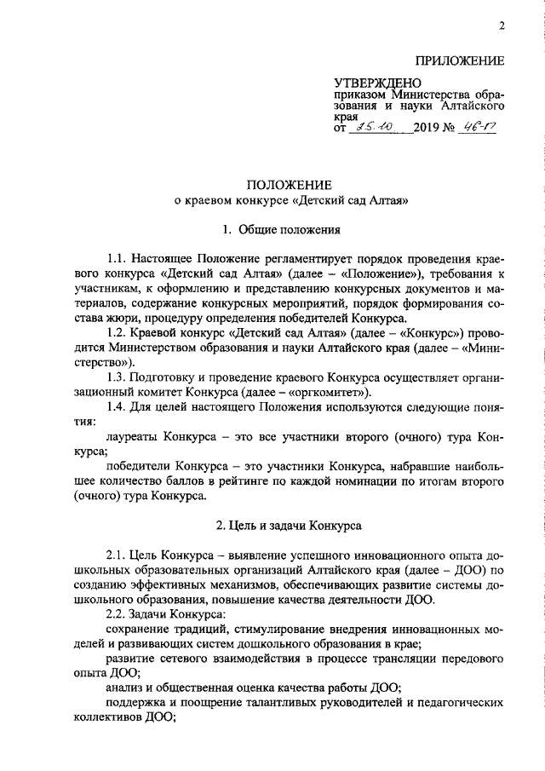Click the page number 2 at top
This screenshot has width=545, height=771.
(x=502, y=26)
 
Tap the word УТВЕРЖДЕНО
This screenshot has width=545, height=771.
(x=371, y=83)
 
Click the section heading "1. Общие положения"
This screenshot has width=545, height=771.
(x=282, y=229)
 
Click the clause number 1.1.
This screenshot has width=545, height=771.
(x=118, y=258)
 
